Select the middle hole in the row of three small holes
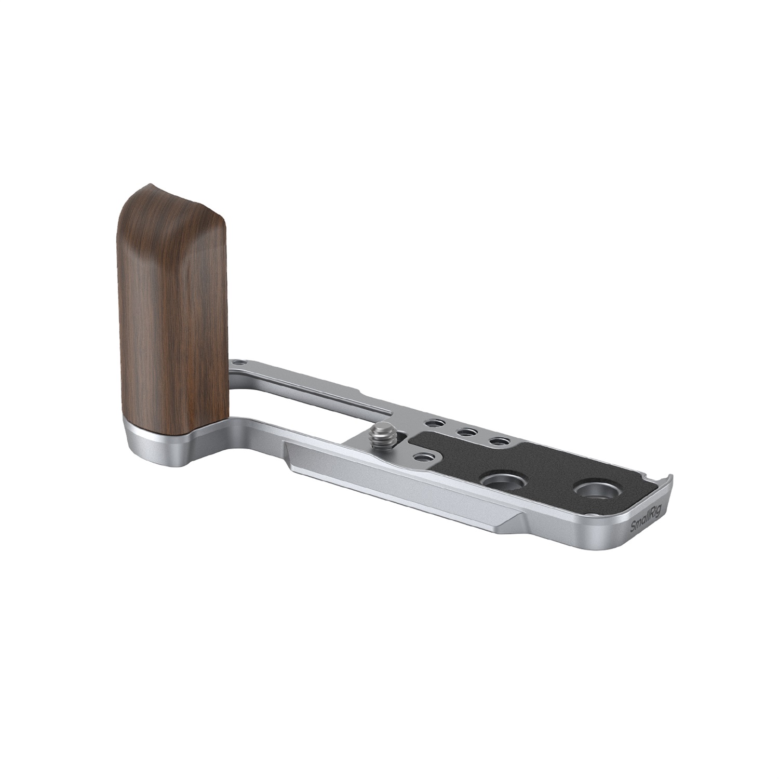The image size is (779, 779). (x=466, y=432)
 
